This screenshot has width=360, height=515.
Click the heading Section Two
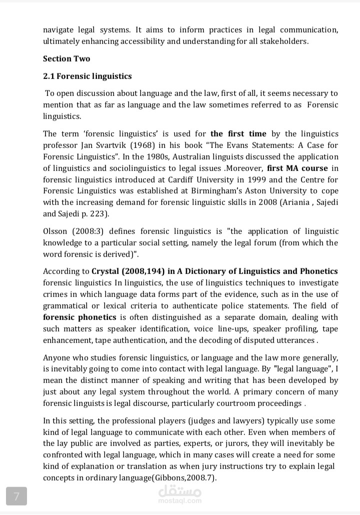click(66, 58)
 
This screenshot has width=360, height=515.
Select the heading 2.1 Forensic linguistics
click(87, 76)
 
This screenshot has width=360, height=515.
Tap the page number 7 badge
click(16, 496)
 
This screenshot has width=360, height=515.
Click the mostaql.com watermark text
click(180, 500)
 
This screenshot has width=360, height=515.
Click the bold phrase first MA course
click(297, 168)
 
